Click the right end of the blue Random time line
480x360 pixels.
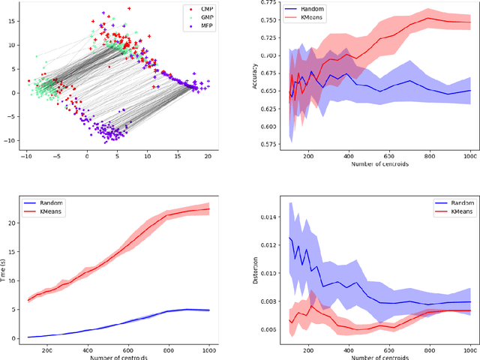(209, 310)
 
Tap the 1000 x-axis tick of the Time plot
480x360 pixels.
(209, 349)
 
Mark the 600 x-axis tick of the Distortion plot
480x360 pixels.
(387, 349)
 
